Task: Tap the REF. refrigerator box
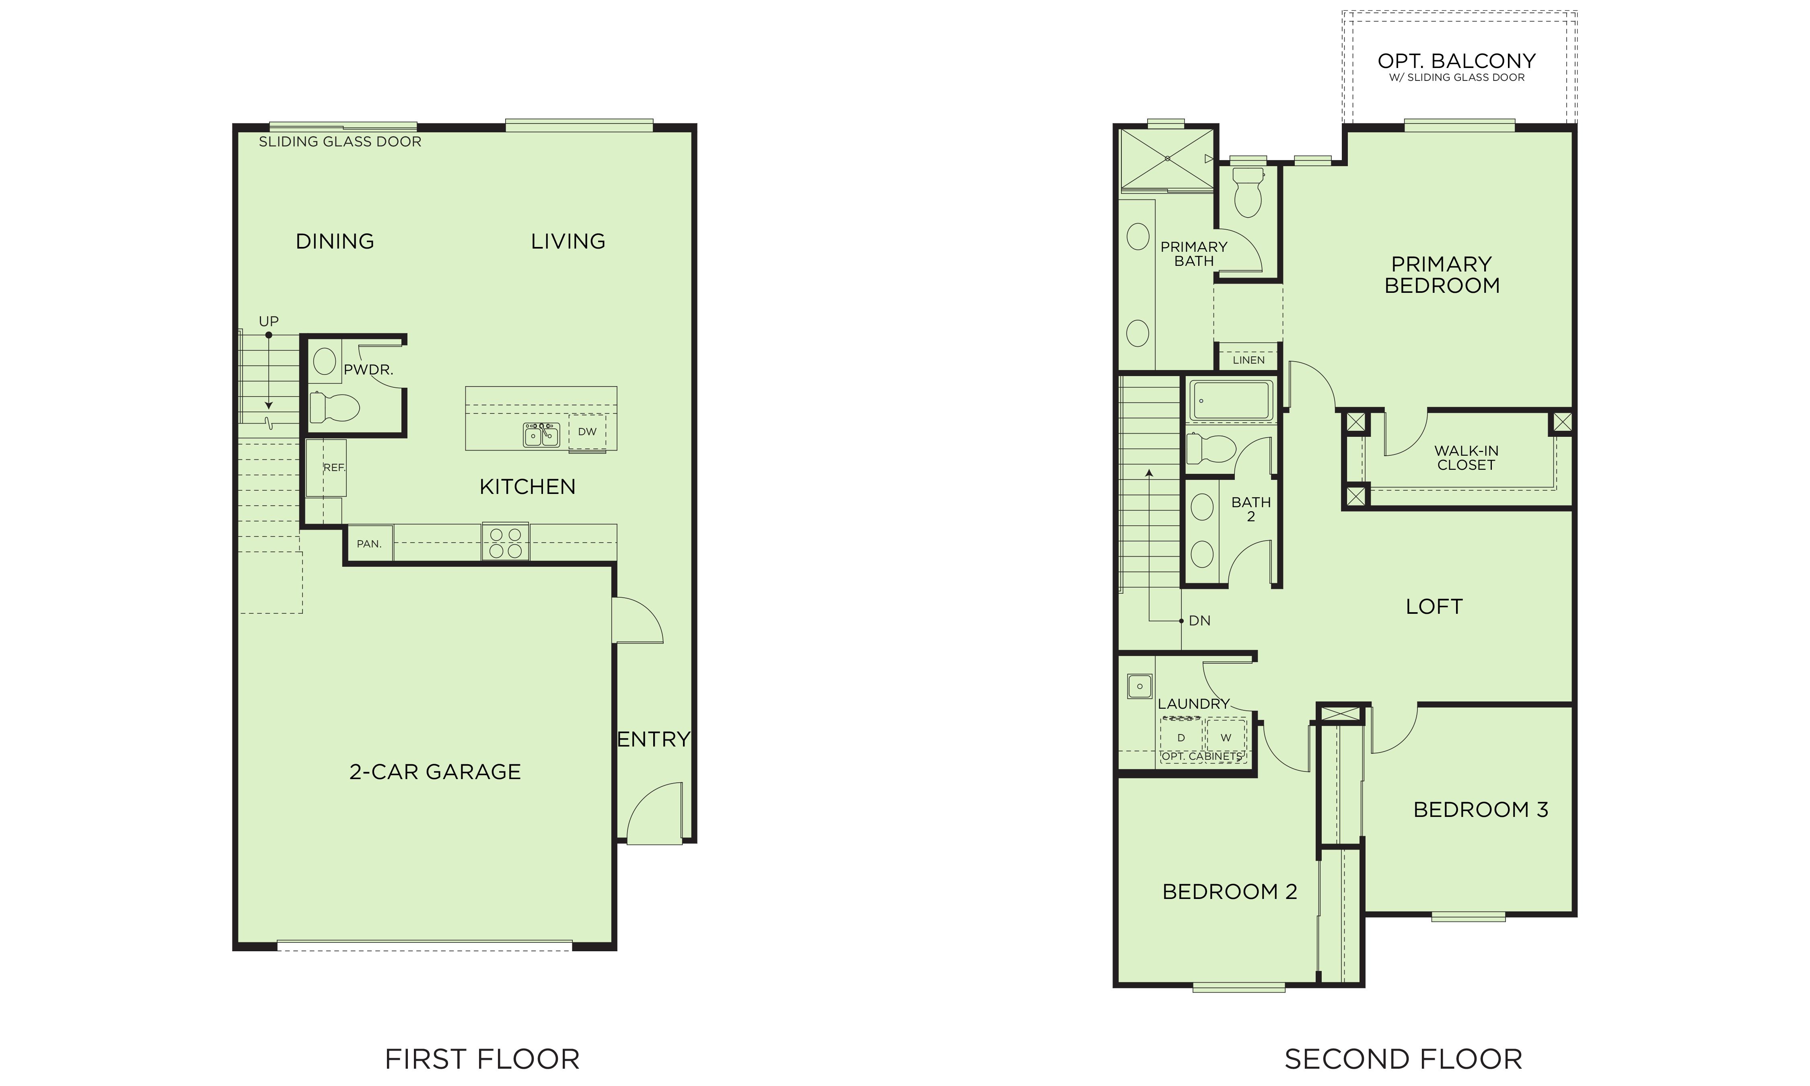[325, 468]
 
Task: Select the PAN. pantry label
[369, 544]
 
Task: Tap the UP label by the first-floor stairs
[269, 321]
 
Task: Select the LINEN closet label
[1248, 360]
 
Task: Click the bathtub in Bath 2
[1231, 400]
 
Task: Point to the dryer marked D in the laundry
[1181, 738]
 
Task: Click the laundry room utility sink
[1139, 687]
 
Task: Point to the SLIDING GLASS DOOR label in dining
[340, 142]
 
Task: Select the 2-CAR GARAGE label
[435, 771]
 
